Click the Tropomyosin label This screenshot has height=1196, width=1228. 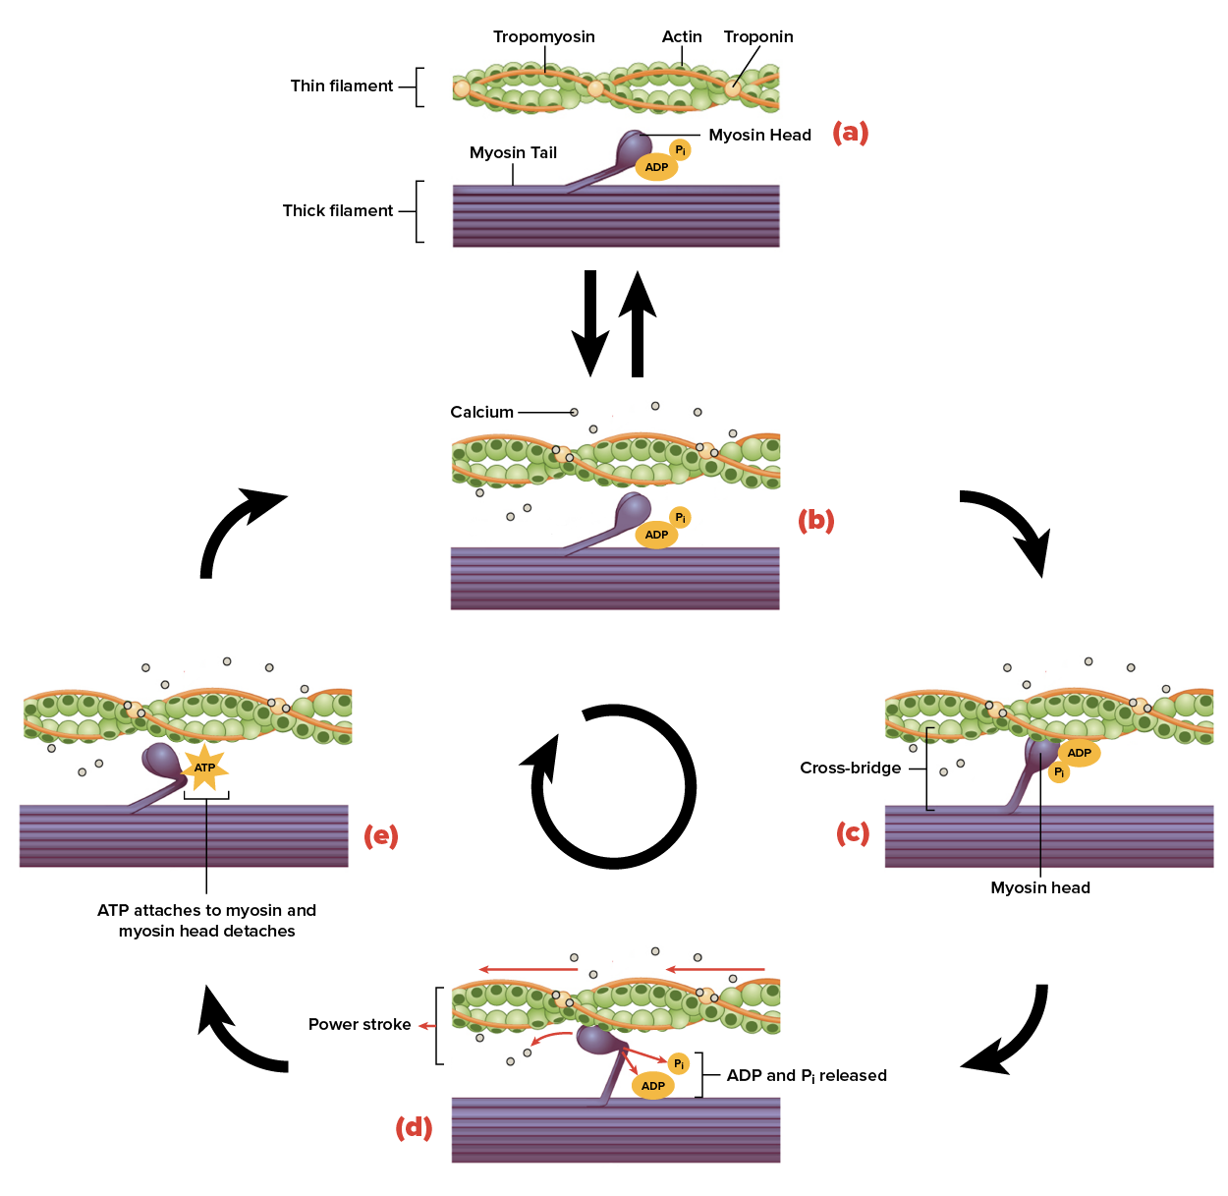click(543, 37)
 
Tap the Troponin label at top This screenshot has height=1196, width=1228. click(757, 37)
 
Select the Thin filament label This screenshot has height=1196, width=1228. click(341, 86)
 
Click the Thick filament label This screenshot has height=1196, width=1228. click(337, 211)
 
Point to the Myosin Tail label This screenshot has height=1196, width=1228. click(513, 153)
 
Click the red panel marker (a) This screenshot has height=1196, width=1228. click(850, 133)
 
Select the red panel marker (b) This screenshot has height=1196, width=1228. click(815, 520)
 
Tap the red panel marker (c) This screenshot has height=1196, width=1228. click(853, 833)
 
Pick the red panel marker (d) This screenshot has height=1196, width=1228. click(414, 1127)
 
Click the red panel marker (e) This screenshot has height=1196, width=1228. click(380, 836)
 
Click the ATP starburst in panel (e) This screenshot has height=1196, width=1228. click(204, 768)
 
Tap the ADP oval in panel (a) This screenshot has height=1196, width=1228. click(656, 167)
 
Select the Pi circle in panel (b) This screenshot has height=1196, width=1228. click(680, 518)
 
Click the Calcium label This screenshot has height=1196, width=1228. click(481, 413)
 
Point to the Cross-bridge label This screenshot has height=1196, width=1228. click(850, 769)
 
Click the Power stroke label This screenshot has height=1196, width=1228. click(360, 1025)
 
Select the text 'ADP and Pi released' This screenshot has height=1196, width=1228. click(806, 1076)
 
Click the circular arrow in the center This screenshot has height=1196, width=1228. click(613, 786)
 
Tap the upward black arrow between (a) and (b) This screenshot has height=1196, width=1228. click(638, 324)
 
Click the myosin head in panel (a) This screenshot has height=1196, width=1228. click(632, 147)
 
